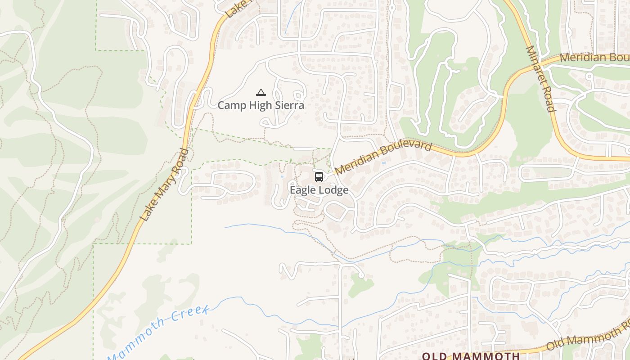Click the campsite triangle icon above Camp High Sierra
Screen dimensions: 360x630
coord(261,93)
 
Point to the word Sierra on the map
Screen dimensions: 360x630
coord(290,105)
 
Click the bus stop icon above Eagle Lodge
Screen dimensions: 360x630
coord(319,177)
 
